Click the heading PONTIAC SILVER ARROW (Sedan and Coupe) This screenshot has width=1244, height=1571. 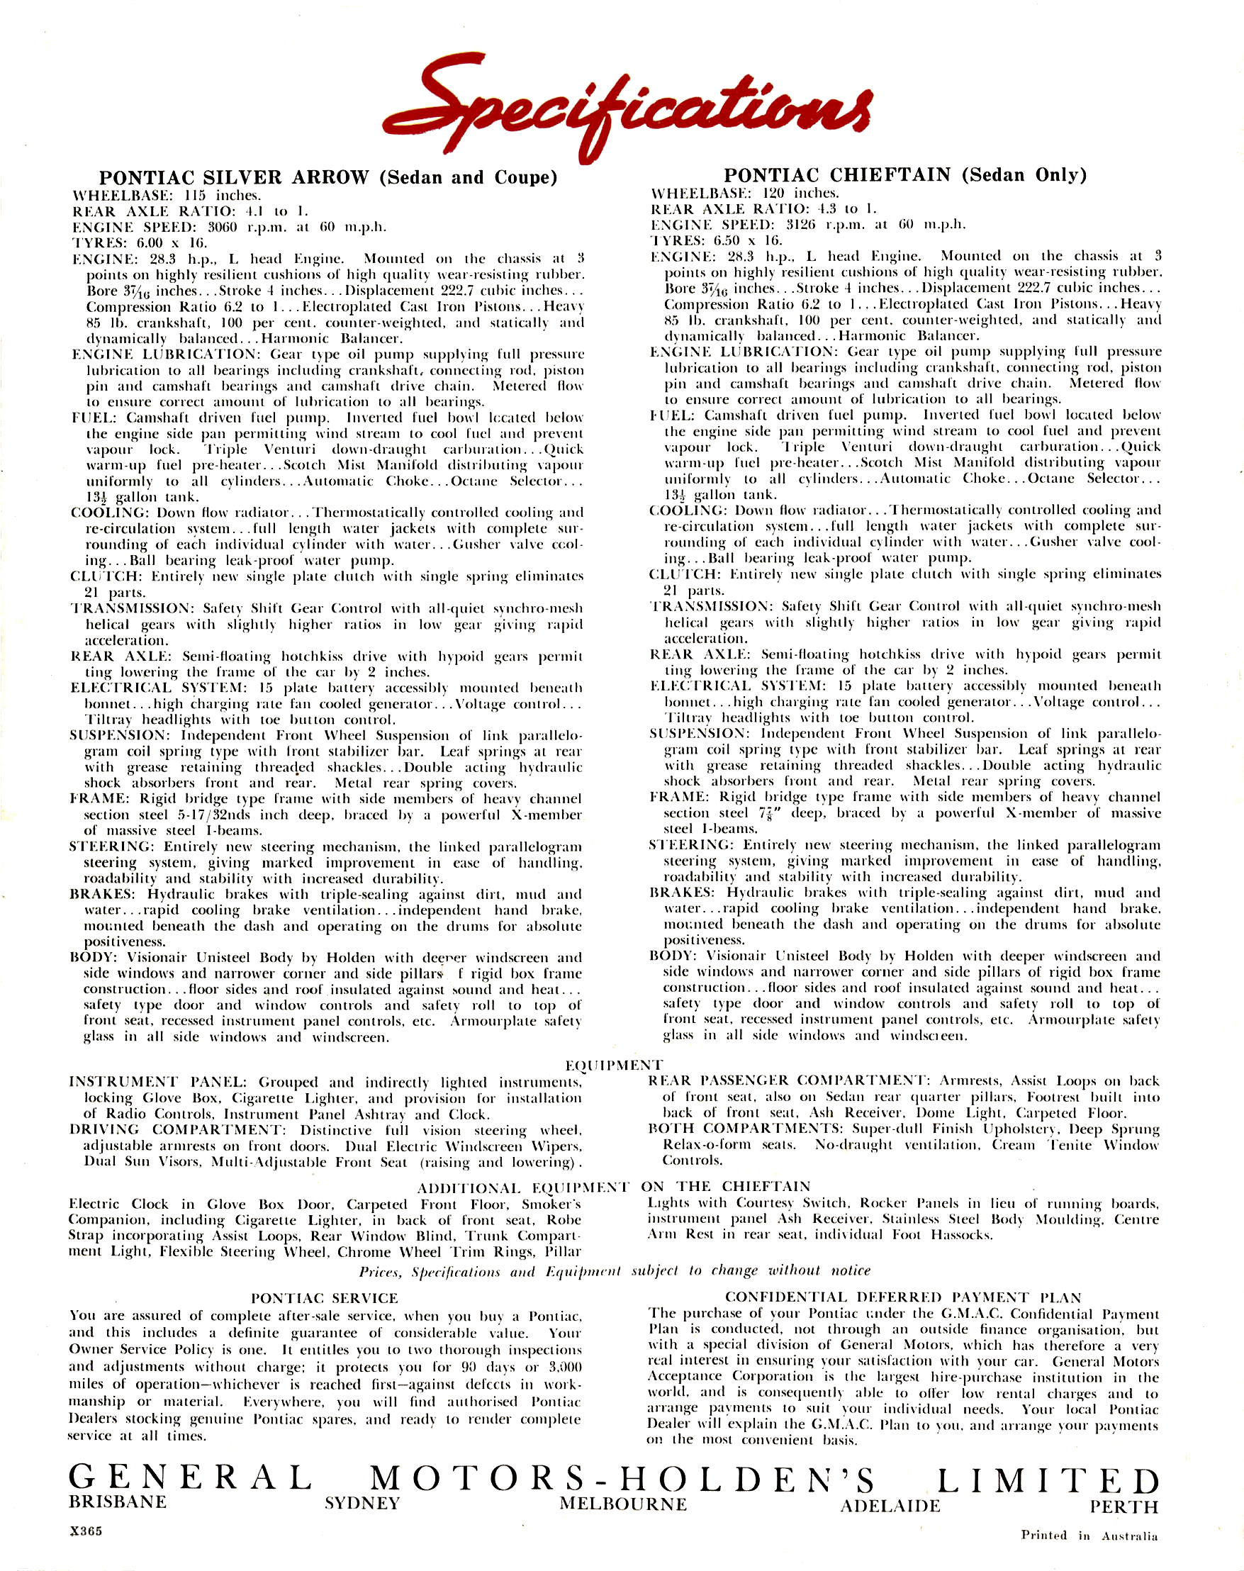327,178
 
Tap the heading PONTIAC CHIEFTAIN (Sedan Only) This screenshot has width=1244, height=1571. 904,175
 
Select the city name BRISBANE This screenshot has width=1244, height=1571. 117,1501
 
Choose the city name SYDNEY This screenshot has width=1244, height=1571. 362,1503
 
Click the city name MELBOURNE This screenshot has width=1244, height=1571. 623,1503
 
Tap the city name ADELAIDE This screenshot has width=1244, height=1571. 890,1506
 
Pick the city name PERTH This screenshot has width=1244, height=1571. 1123,1506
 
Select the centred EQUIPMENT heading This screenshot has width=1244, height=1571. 614,1065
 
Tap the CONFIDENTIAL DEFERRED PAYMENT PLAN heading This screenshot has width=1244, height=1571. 903,1297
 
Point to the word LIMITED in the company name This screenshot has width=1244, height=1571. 1047,1480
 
